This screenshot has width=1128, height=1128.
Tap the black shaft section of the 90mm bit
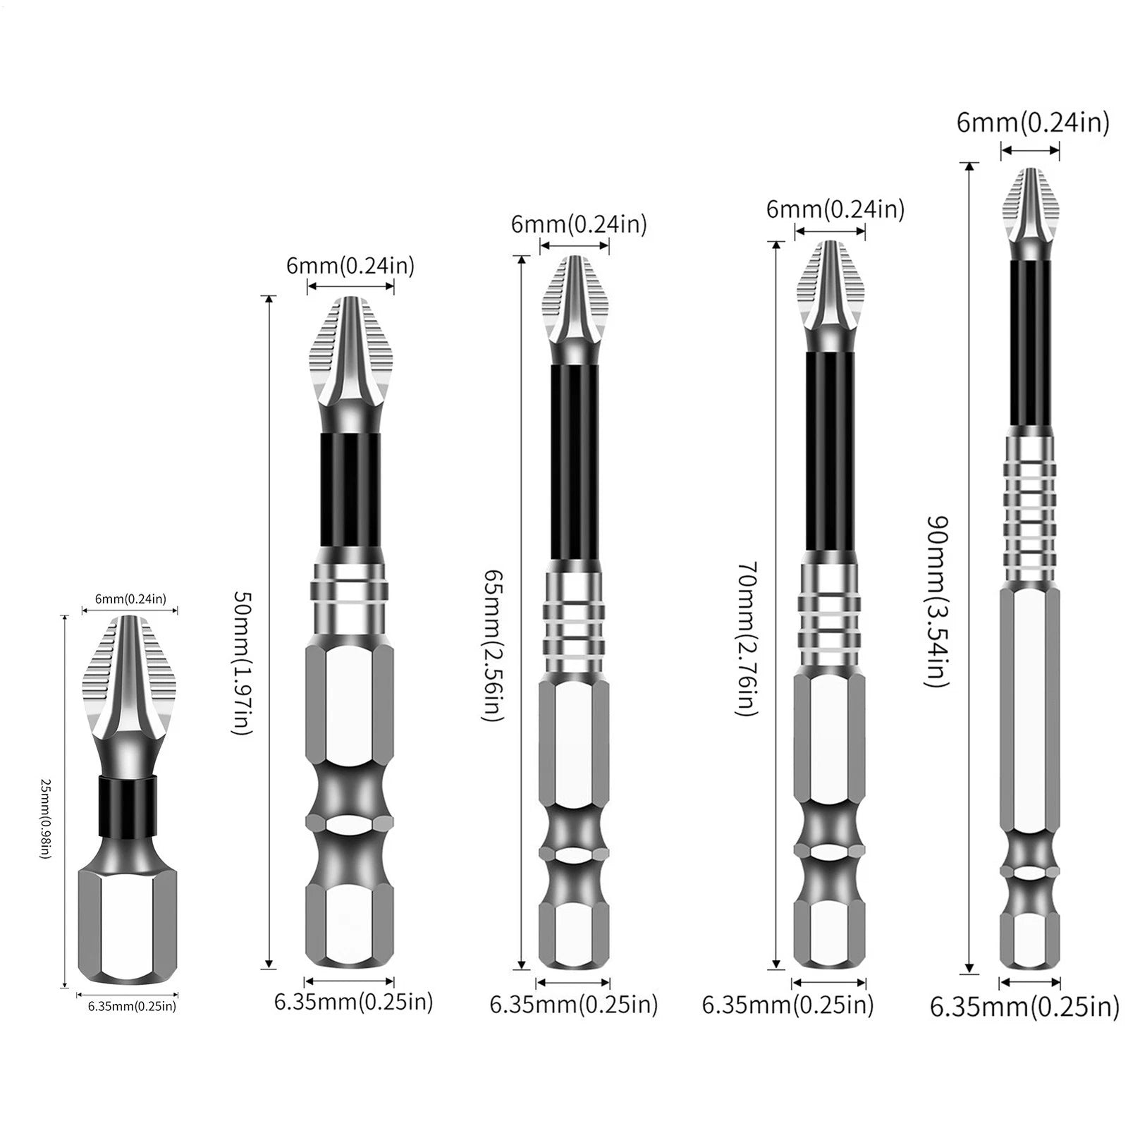click(x=1030, y=342)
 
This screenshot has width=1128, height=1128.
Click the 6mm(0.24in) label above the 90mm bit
click(x=1033, y=123)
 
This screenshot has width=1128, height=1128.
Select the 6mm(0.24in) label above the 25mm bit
click(x=130, y=599)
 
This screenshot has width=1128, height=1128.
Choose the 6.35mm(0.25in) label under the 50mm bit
click(x=354, y=1002)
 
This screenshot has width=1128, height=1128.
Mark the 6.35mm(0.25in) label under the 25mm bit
click(x=132, y=1006)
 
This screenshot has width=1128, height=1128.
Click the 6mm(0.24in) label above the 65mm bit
click(x=579, y=224)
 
